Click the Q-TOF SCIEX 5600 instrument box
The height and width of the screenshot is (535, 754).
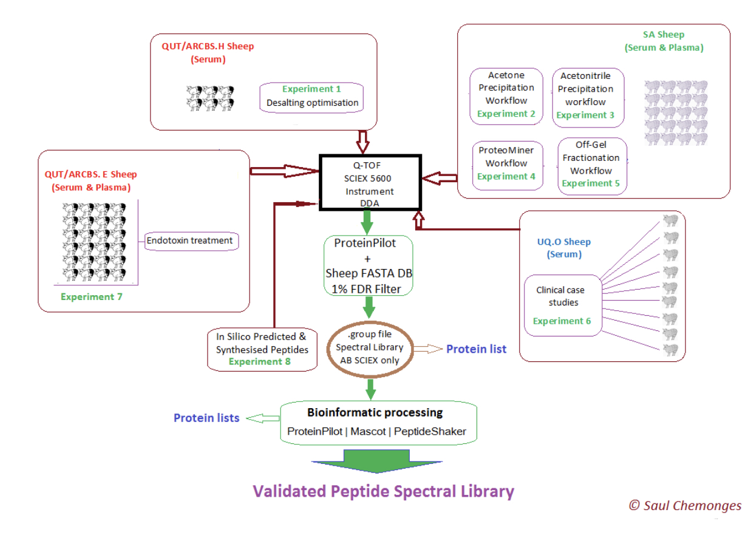[369, 182]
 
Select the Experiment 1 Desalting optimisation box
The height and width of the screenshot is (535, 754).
[312, 97]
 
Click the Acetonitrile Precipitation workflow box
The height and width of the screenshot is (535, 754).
[587, 98]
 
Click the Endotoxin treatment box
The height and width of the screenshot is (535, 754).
[190, 240]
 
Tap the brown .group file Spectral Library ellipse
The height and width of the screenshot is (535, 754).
[369, 347]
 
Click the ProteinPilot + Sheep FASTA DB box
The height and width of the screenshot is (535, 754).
[369, 266]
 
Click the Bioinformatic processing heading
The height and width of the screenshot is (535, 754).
[375, 413]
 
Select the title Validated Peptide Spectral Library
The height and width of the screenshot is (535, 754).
[383, 491]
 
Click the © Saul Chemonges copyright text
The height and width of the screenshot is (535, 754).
[685, 505]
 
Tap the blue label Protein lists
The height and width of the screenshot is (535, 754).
[206, 418]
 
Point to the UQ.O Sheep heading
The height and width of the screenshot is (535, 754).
[563, 242]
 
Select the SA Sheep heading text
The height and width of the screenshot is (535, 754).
[664, 35]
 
